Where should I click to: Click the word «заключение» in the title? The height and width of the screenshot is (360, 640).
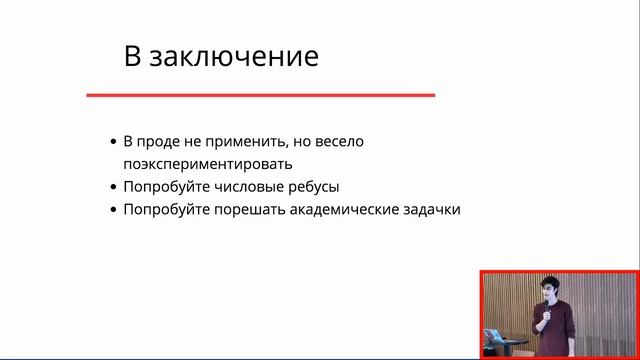[x=234, y=56]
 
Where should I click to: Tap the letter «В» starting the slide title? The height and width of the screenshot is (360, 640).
[x=132, y=56]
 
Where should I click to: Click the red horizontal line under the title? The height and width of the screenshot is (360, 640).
[x=260, y=95]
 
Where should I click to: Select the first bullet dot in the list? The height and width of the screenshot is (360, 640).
[x=112, y=142]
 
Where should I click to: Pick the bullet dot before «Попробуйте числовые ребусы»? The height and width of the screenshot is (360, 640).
[x=112, y=187]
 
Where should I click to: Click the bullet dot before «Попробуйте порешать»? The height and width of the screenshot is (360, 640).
[x=112, y=210]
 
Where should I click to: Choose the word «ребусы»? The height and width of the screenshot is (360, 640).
[x=313, y=187]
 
